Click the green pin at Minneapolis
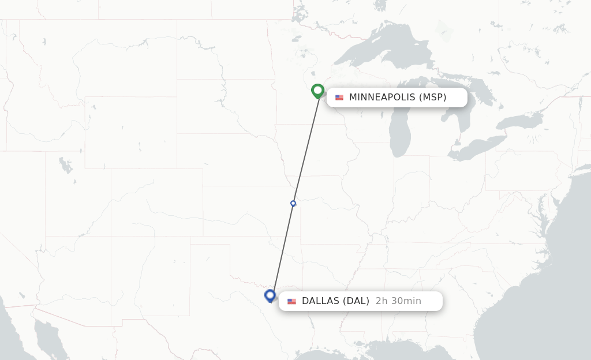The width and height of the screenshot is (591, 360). pyautogui.click(x=317, y=91)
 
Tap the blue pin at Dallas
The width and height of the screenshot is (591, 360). pyautogui.click(x=270, y=295)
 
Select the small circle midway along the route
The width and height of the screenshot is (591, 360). pyautogui.click(x=293, y=203)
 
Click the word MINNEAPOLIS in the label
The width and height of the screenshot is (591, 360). pyautogui.click(x=382, y=97)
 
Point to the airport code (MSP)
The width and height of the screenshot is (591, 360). pyautogui.click(x=432, y=97)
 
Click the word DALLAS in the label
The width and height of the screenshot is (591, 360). pyautogui.click(x=320, y=301)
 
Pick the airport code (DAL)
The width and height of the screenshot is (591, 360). pyautogui.click(x=356, y=301)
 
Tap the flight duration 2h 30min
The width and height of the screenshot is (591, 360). pyautogui.click(x=398, y=301)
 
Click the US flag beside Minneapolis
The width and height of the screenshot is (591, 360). pyautogui.click(x=339, y=97)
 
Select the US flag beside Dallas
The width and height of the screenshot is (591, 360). pyautogui.click(x=291, y=301)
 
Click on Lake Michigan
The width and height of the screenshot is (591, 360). pyautogui.click(x=399, y=127)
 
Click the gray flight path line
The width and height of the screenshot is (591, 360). pyautogui.click(x=306, y=147)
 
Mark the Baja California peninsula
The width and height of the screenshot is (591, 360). pyautogui.click(x=46, y=337)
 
